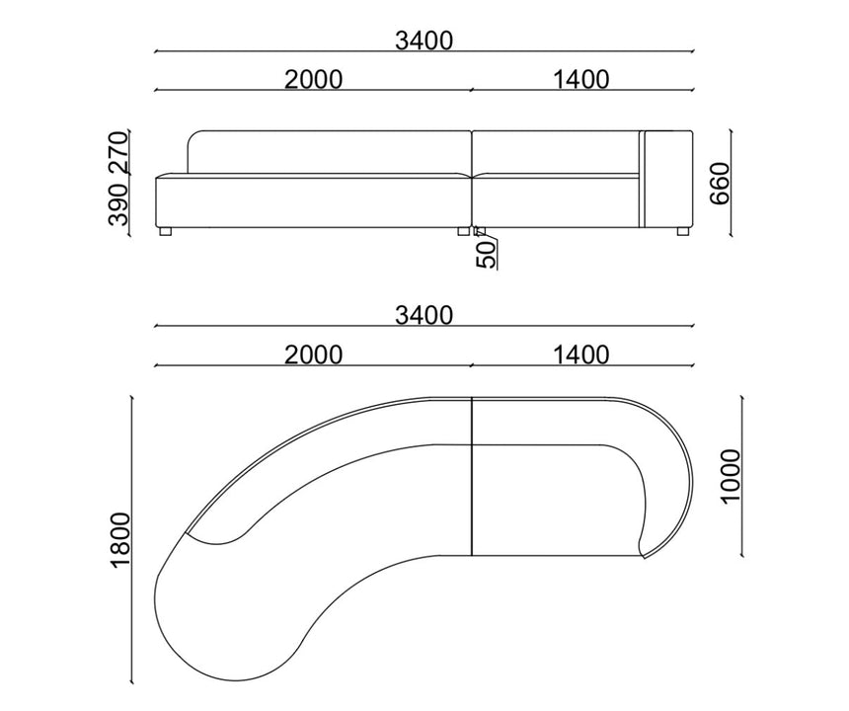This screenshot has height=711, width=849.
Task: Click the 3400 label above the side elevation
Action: pos(424,40)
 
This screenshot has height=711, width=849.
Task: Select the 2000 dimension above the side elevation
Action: pos(314,80)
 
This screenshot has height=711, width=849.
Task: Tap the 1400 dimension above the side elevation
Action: pos(581,80)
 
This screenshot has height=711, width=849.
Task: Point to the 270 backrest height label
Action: pos(118,152)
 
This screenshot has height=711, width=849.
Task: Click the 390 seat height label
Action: pos(118,204)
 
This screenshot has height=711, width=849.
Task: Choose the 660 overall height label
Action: pos(720,184)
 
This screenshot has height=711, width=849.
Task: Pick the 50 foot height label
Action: pos(486,255)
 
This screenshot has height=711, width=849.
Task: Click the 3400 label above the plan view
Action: pos(424,315)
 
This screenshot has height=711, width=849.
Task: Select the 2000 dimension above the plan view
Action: pos(314,355)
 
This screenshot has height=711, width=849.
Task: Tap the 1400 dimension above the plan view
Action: pos(581,355)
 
